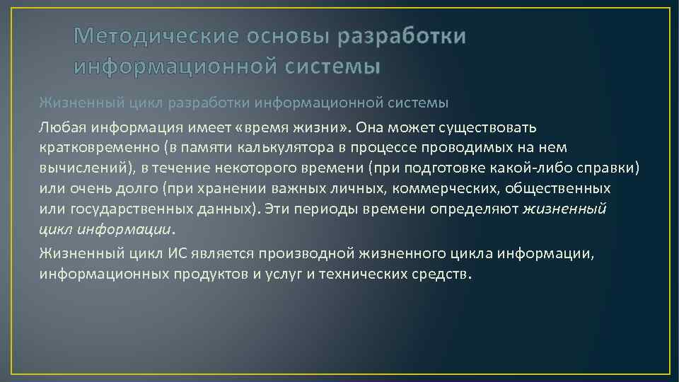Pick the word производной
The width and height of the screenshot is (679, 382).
[x=300, y=253]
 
